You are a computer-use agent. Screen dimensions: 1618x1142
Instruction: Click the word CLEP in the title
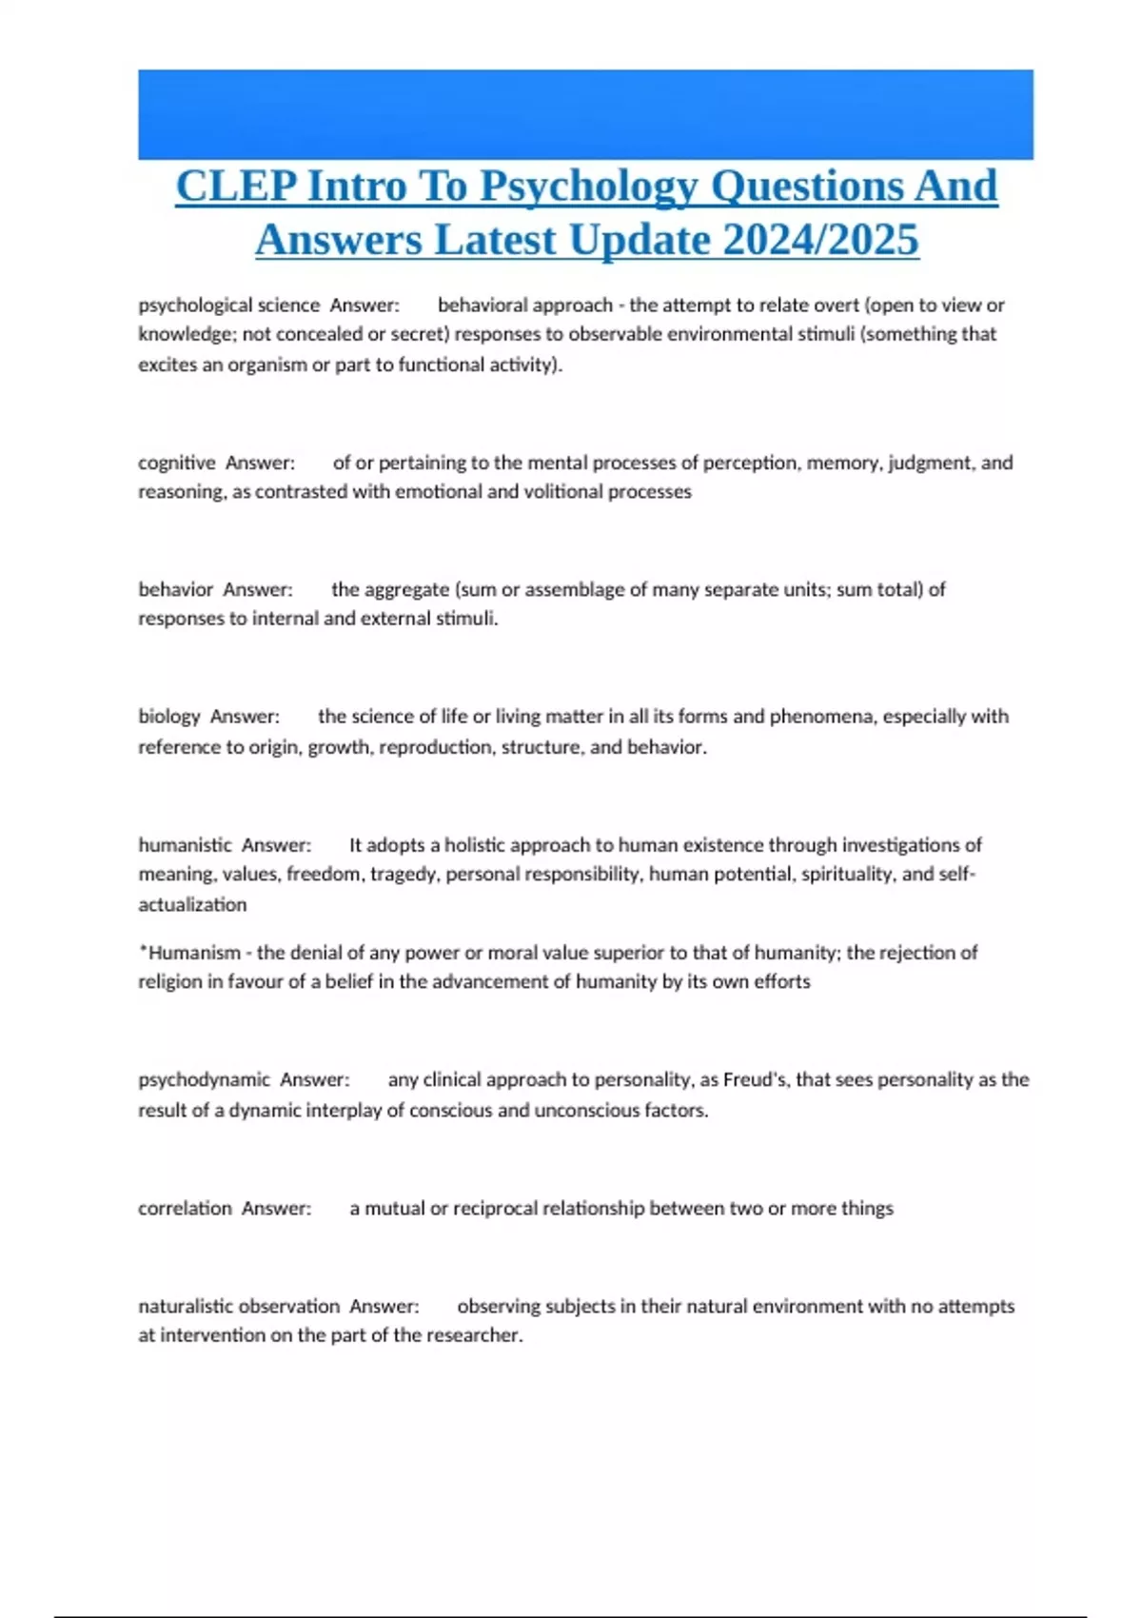[x=236, y=186]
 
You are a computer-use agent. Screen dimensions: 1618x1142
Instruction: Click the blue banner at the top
[x=585, y=114]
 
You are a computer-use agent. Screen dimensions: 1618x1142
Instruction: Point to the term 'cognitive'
[x=177, y=463]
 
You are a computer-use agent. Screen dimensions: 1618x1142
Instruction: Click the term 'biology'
[x=169, y=716]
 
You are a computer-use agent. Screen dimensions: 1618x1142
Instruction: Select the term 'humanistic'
[x=185, y=844]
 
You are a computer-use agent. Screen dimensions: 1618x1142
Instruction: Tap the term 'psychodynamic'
[x=205, y=1079]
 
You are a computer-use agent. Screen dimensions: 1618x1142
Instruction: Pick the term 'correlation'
[x=185, y=1208]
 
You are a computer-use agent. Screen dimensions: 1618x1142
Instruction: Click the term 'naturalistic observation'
[x=239, y=1306]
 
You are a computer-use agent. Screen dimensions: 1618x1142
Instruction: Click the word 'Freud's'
[x=756, y=1079]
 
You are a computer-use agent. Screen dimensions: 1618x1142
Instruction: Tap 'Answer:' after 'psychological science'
[x=364, y=305]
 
